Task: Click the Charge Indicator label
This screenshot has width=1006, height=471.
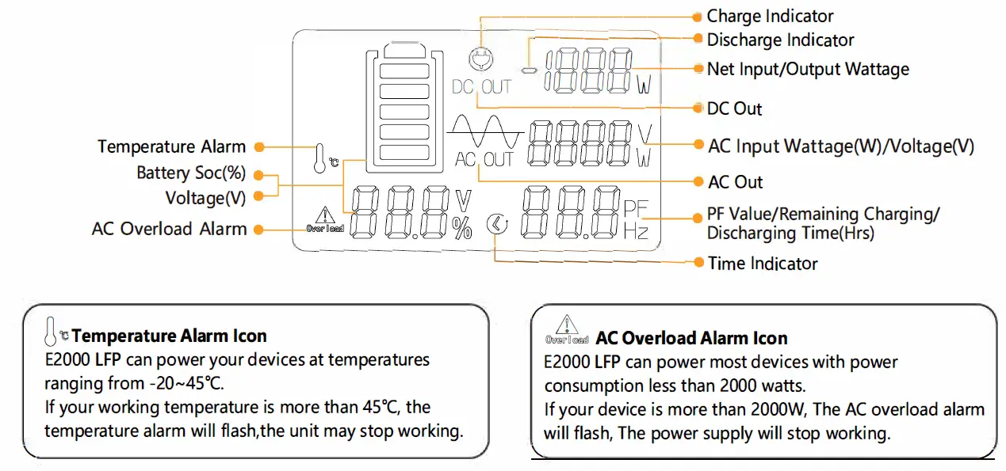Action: coord(769,16)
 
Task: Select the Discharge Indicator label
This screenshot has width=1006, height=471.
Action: coord(780,40)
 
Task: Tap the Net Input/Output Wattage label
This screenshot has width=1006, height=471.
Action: coord(808,70)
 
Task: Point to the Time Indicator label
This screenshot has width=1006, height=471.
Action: coord(762,263)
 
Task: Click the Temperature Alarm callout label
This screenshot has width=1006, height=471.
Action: coord(171,146)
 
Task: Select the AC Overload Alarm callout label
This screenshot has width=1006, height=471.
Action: coord(169,229)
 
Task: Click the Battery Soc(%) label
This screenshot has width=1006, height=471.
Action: coord(191,173)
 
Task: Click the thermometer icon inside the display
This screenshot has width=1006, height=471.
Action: coord(319,158)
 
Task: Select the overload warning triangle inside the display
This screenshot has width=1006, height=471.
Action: coord(325,215)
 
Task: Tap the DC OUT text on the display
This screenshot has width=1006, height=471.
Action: coord(481,87)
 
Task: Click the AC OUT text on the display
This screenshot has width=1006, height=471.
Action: coord(484,160)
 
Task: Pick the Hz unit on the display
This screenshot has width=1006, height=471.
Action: coord(636,232)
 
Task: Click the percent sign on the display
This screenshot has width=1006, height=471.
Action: coord(461,228)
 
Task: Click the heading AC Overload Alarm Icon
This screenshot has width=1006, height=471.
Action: coord(691,339)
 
